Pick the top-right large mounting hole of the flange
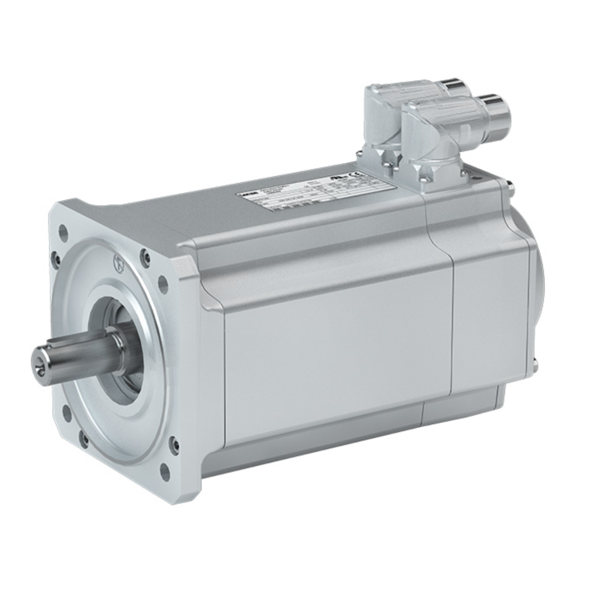pos(161,282)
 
